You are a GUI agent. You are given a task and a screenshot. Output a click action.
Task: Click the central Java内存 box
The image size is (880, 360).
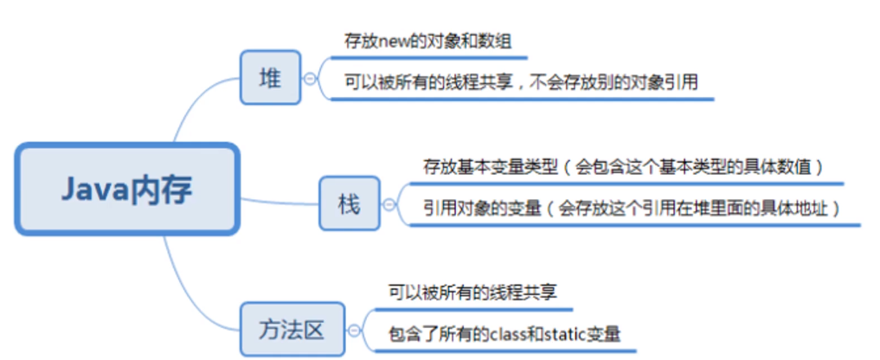[x=126, y=190]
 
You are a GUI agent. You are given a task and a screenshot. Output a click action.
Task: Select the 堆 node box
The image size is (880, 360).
[x=270, y=79]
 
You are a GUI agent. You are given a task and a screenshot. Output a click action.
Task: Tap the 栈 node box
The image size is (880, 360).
[x=349, y=203]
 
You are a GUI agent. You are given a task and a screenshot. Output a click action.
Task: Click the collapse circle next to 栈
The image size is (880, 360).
[x=389, y=204]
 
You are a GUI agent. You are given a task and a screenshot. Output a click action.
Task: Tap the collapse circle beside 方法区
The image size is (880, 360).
[x=354, y=331]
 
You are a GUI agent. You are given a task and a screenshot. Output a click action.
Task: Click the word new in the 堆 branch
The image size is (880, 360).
[x=393, y=40]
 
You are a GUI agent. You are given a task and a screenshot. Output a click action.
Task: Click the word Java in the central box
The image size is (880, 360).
[x=94, y=190]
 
